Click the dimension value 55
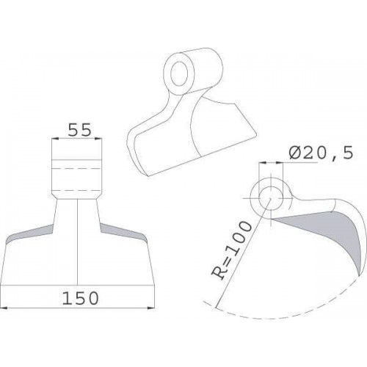pos(79,130)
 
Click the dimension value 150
pos(81,298)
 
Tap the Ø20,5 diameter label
pos(321,153)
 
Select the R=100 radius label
pos(231,250)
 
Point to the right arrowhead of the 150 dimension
pos(151,308)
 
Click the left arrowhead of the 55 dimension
pos(55,139)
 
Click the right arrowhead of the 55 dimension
pos(98,139)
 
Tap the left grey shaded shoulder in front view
pos(29,233)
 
